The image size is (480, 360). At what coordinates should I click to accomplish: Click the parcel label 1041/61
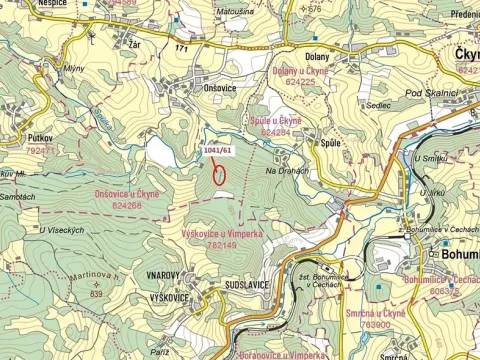217,150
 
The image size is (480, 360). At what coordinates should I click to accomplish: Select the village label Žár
134,46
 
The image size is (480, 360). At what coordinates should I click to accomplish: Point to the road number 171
180,48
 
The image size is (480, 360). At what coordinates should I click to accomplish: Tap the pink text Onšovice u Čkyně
127,193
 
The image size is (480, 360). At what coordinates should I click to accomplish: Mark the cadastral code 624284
279,132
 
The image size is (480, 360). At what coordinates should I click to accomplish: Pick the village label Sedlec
379,103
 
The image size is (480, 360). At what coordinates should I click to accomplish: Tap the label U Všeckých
60,230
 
